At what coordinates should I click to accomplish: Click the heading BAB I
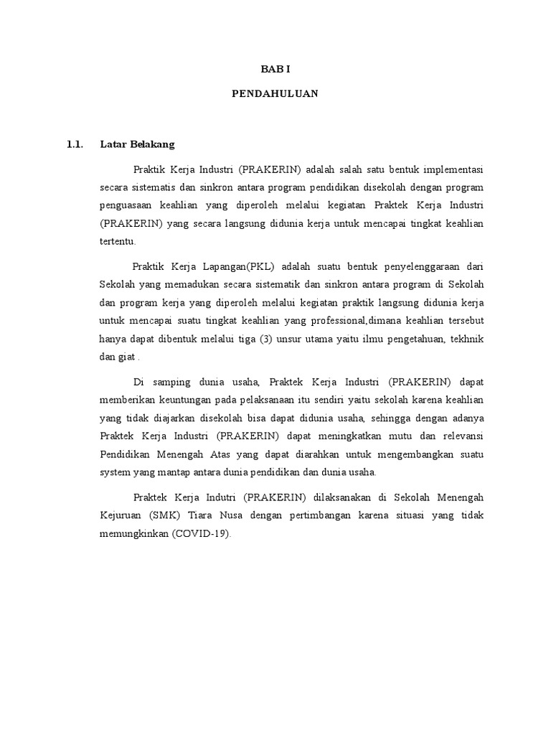tap(275, 70)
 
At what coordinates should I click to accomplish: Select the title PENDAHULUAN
tap(275, 93)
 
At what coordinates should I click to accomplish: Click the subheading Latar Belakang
tap(137, 144)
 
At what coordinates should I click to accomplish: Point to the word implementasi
tap(453, 170)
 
